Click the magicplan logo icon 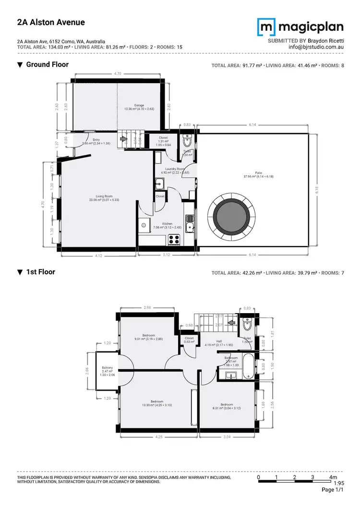point(266,27)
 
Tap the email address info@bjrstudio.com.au point(315,47)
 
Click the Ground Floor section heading point(47,64)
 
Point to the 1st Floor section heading point(40,272)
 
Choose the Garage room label point(139,107)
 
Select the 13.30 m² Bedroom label point(156,403)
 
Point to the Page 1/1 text point(333,490)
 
